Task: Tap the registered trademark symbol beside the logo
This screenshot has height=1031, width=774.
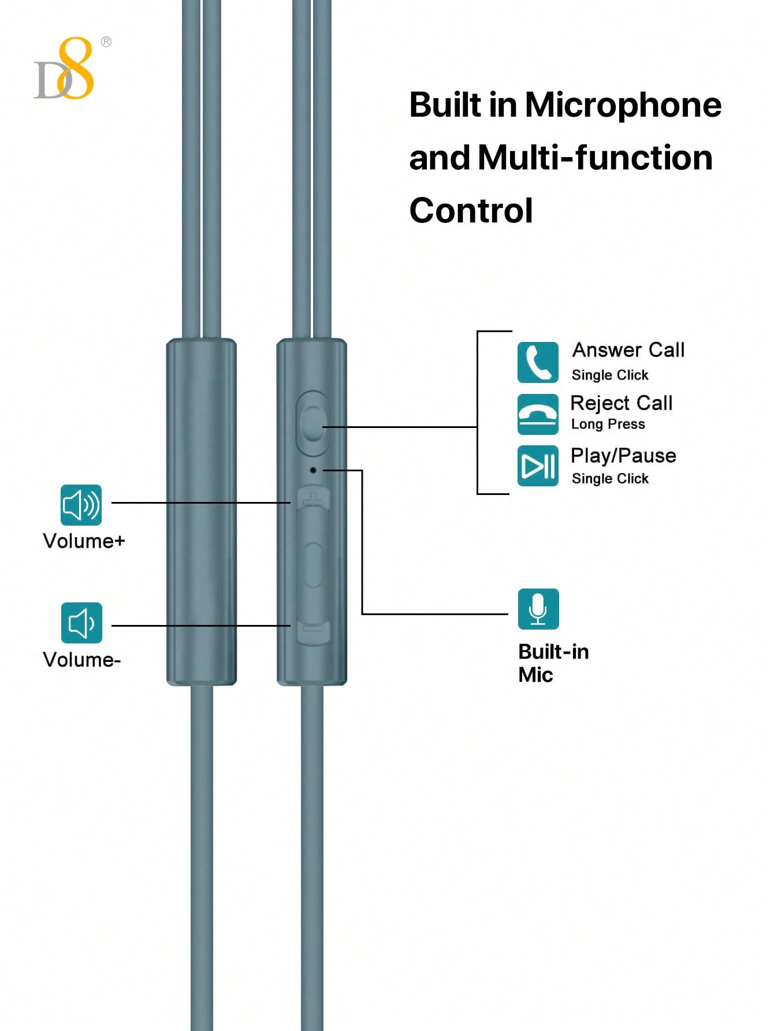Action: pyautogui.click(x=106, y=42)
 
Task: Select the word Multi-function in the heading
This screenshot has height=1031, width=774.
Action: pyautogui.click(x=596, y=158)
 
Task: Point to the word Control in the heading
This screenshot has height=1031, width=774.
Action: pyautogui.click(x=471, y=210)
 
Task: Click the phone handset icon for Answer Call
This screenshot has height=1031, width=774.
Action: pyautogui.click(x=538, y=362)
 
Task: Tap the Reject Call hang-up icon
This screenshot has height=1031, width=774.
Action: pyautogui.click(x=538, y=414)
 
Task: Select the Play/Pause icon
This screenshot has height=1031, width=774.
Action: pyautogui.click(x=538, y=466)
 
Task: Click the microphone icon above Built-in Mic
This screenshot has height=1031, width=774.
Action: pyautogui.click(x=538, y=609)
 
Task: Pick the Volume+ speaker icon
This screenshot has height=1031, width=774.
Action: pyautogui.click(x=81, y=505)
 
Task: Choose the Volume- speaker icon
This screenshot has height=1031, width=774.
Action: pyautogui.click(x=81, y=623)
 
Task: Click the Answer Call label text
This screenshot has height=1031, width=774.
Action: pyautogui.click(x=628, y=350)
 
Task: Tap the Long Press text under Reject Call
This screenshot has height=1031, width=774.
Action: pyautogui.click(x=608, y=425)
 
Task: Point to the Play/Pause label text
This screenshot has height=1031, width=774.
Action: pyautogui.click(x=623, y=456)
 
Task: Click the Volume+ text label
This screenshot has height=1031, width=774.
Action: pyautogui.click(x=84, y=541)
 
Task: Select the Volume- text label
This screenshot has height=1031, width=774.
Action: pyautogui.click(x=82, y=660)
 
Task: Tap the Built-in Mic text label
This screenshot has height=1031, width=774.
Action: pyautogui.click(x=553, y=663)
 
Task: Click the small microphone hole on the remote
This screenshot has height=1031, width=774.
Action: pyautogui.click(x=313, y=470)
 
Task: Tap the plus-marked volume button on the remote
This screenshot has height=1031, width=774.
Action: pyautogui.click(x=312, y=498)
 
